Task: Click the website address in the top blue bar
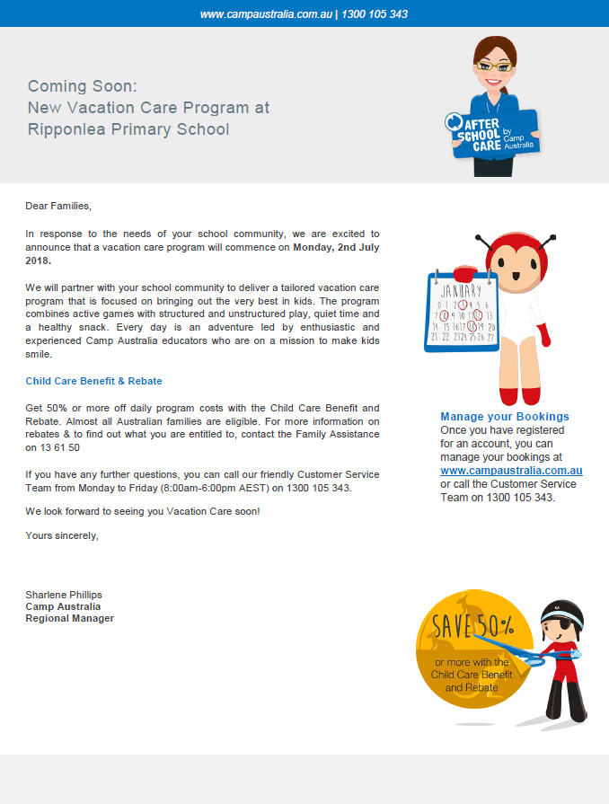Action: tap(265, 14)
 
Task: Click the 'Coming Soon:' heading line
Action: tap(83, 86)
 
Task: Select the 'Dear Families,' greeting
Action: tap(58, 206)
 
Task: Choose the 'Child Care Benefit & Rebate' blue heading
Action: tap(93, 381)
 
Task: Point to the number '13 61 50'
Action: tap(53, 446)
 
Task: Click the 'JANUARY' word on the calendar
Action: tap(460, 291)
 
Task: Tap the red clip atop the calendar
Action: tap(464, 271)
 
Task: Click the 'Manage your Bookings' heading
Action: tap(504, 417)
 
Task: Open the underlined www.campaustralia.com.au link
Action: tap(511, 470)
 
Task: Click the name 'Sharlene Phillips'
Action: tap(64, 595)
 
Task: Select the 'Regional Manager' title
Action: tap(69, 618)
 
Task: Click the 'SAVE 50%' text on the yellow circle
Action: tap(472, 625)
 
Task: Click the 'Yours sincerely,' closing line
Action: tap(62, 535)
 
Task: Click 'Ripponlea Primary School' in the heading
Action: tap(128, 129)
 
